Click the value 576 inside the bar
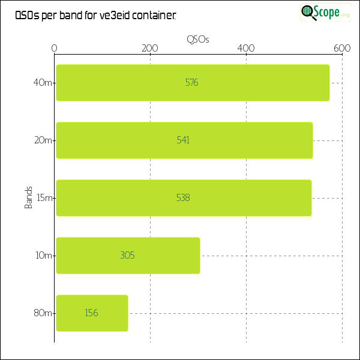tap(191, 83)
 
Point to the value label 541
tap(183, 140)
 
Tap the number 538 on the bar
tap(183, 198)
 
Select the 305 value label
tap(127, 256)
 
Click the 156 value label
tap(91, 313)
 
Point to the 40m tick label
tap(43, 83)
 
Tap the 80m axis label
tap(43, 313)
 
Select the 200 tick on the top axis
tap(150, 49)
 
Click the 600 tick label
tap(342, 49)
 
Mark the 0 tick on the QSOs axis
tap(55, 49)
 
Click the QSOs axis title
tap(198, 39)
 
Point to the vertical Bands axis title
tap(28, 198)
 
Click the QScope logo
tap(326, 12)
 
